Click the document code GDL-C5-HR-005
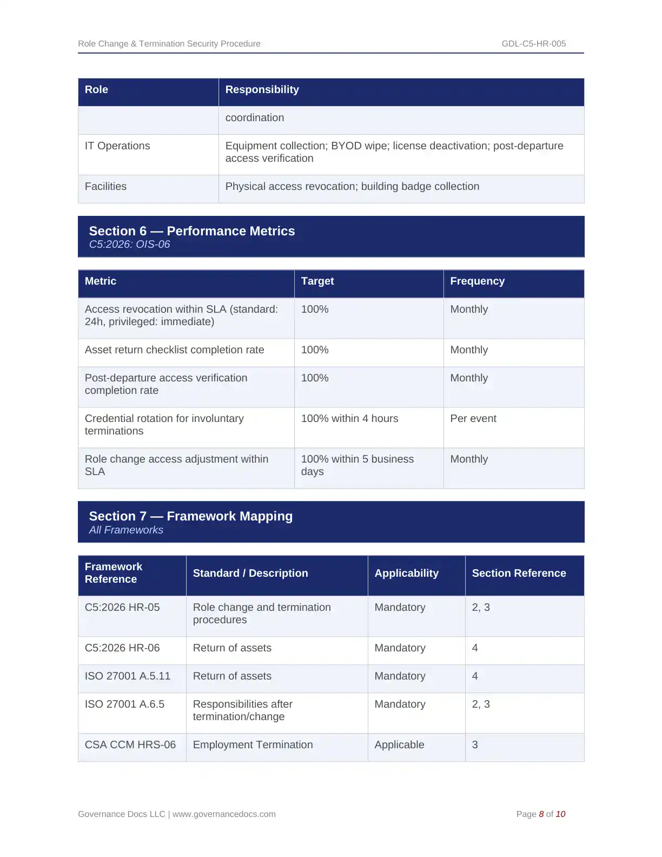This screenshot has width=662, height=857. pyautogui.click(x=533, y=44)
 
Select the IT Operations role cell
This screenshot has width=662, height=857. pyautogui.click(x=117, y=146)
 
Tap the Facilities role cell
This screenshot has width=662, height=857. pyautogui.click(x=105, y=187)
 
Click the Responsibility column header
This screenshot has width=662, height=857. pyautogui.click(x=262, y=90)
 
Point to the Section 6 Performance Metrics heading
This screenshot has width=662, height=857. pyautogui.click(x=192, y=231)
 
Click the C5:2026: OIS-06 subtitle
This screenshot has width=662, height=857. pyautogui.click(x=129, y=245)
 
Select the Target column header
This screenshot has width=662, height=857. pyautogui.click(x=317, y=281)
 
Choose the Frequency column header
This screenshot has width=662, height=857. pyautogui.click(x=477, y=281)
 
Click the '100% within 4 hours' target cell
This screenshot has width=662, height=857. pyautogui.click(x=349, y=419)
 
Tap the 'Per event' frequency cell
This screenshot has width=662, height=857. pyautogui.click(x=473, y=419)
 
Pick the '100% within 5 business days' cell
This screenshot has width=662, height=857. pyautogui.click(x=357, y=465)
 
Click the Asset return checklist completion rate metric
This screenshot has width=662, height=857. pyautogui.click(x=174, y=350)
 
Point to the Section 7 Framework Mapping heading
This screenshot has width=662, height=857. pyautogui.click(x=190, y=516)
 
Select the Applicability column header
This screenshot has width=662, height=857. pyautogui.click(x=406, y=573)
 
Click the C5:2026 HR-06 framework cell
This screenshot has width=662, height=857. pyautogui.click(x=122, y=648)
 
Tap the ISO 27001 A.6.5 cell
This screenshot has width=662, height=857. pyautogui.click(x=124, y=704)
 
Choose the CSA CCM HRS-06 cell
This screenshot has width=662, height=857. pyautogui.click(x=130, y=745)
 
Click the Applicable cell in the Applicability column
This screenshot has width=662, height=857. pyautogui.click(x=399, y=745)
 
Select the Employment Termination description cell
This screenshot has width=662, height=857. pyautogui.click(x=253, y=745)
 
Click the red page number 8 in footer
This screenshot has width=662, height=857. pyautogui.click(x=541, y=814)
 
